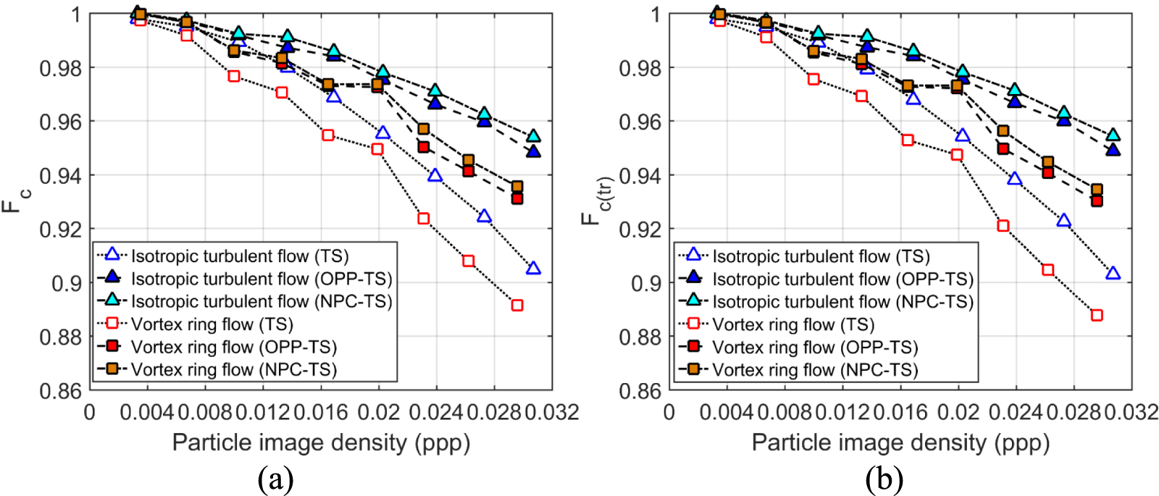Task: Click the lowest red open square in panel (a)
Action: point(516,306)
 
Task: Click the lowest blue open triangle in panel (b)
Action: point(1113,274)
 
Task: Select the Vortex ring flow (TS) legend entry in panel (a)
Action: point(212,324)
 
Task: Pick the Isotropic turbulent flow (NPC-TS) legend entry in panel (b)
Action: point(842,301)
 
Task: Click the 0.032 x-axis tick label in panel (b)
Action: point(1131,413)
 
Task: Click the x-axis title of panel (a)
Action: point(321,442)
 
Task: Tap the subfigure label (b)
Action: point(884,479)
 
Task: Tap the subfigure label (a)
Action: point(275,479)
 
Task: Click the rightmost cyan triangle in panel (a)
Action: point(533,136)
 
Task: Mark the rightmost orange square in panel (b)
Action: point(1097,190)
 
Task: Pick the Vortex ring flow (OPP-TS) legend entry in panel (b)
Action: point(814,348)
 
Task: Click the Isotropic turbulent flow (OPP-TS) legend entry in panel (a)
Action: point(261,279)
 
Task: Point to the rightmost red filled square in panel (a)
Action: point(516,198)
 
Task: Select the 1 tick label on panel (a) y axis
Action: point(75,14)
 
